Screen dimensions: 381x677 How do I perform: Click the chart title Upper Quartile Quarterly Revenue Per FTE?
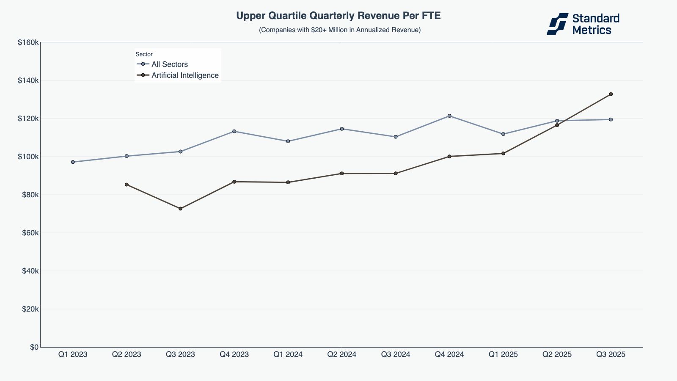click(338, 16)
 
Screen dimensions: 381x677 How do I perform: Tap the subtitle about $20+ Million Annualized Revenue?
click(340, 30)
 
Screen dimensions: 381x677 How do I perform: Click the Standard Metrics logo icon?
click(557, 24)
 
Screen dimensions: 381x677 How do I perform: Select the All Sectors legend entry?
click(169, 64)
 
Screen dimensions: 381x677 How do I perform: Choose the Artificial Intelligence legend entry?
click(185, 75)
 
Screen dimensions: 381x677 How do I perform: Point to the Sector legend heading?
click(144, 55)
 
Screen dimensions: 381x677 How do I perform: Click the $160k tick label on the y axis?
click(28, 42)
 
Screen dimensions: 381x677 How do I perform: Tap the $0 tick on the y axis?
click(34, 347)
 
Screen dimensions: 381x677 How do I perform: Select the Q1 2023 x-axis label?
click(73, 355)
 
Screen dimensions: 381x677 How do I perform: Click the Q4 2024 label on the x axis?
click(449, 355)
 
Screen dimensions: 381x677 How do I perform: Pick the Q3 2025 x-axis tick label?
click(611, 355)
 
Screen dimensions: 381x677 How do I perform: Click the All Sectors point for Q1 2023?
click(73, 162)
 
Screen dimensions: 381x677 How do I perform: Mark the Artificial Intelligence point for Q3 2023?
click(180, 209)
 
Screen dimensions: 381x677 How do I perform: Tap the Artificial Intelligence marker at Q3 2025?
click(611, 94)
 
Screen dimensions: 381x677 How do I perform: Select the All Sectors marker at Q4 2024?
click(449, 116)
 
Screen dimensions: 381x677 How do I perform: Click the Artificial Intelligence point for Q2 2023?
click(127, 185)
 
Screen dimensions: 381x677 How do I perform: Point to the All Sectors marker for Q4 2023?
click(234, 131)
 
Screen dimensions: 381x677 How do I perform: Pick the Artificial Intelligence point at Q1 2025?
click(503, 154)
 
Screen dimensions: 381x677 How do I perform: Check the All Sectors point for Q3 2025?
click(611, 119)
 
